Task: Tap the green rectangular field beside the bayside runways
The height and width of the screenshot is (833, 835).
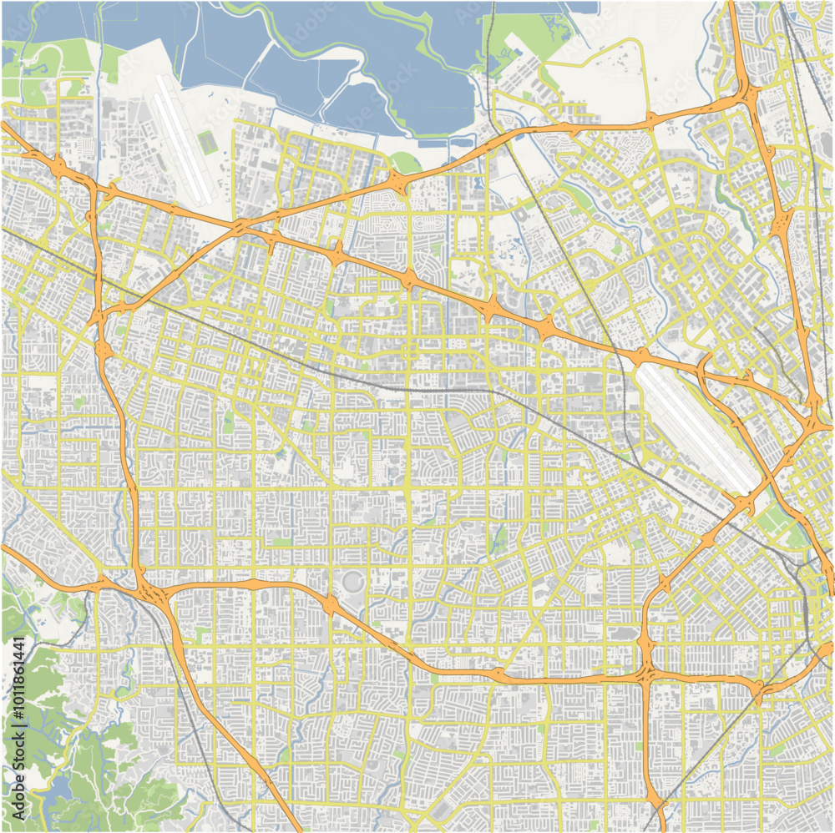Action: coord(208,143)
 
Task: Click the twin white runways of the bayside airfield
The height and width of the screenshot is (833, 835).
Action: coord(181,138)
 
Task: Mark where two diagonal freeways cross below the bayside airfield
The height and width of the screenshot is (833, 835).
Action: coord(240,226)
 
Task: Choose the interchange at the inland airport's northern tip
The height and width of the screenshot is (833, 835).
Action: coord(641,357)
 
